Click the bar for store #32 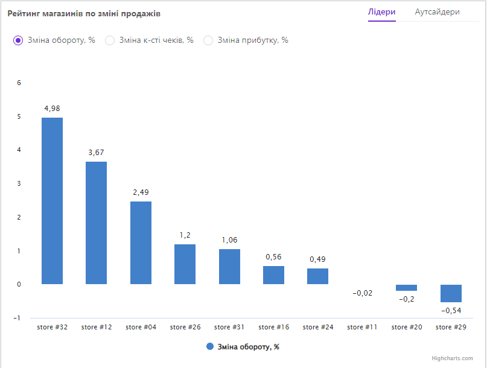[52, 200]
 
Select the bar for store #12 [96, 223]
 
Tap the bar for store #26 [185, 264]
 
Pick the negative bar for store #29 [451, 293]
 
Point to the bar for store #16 [273, 274]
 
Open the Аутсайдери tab [437, 12]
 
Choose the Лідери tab [381, 12]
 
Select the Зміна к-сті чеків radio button [110, 40]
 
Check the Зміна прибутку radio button [208, 40]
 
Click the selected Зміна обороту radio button [18, 40]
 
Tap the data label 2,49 [140, 192]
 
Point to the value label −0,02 [361, 293]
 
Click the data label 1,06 [229, 240]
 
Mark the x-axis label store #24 [317, 327]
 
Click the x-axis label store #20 [406, 327]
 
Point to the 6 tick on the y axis [19, 83]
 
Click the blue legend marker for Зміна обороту [210, 346]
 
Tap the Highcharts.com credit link [452, 358]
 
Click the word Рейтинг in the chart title [24, 13]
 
